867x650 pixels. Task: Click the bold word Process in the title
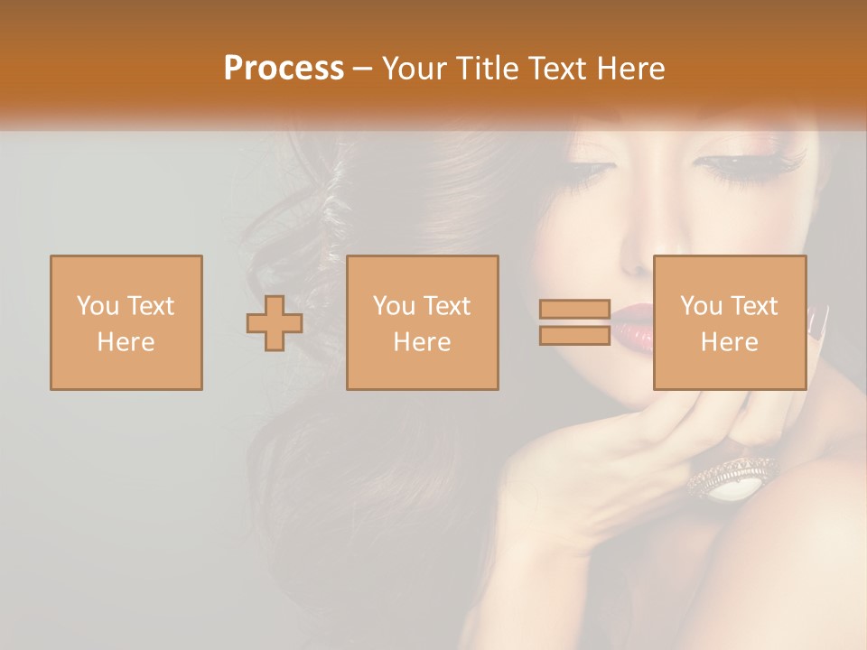(x=284, y=69)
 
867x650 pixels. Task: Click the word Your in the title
(x=413, y=69)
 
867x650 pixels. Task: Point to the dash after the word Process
(x=363, y=70)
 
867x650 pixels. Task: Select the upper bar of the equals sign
(x=574, y=310)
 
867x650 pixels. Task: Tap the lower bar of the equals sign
(x=574, y=335)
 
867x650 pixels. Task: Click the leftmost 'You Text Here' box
(x=126, y=322)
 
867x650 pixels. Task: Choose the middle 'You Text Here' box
(x=423, y=322)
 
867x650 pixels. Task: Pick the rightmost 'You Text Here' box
(x=730, y=322)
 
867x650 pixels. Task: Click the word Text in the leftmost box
(x=150, y=306)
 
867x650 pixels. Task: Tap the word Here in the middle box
(x=423, y=341)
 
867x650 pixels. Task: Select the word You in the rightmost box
(x=700, y=306)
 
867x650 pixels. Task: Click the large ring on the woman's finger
(x=734, y=477)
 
